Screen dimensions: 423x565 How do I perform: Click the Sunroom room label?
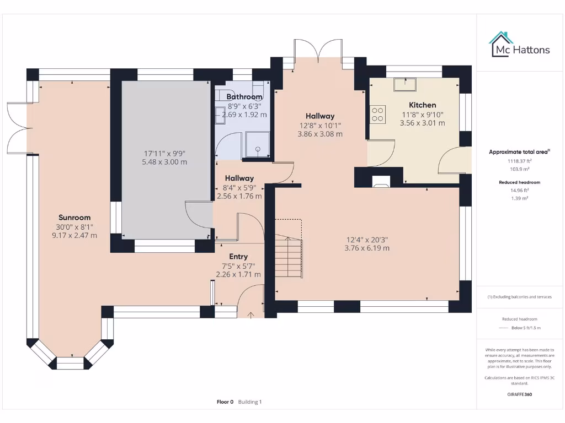point(74,218)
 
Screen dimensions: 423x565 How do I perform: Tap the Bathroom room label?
point(244,97)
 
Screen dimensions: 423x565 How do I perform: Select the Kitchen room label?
point(422,105)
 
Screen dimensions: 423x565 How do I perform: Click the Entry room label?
point(238,257)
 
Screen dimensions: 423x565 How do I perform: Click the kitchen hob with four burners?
point(378,115)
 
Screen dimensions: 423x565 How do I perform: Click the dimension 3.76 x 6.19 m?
point(367,248)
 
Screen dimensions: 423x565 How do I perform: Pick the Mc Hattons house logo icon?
point(501,44)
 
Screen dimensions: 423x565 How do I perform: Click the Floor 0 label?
point(225,402)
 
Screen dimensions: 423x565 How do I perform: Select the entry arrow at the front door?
point(252,314)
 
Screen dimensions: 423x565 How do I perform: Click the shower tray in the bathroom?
point(257,144)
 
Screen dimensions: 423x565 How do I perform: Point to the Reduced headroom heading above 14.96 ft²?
point(519,182)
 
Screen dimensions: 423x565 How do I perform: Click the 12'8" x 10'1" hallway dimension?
point(320,125)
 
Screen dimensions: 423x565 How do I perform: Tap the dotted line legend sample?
point(502,328)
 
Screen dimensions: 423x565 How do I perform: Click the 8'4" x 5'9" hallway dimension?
point(239,187)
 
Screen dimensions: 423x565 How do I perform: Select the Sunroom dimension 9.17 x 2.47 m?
point(74,235)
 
